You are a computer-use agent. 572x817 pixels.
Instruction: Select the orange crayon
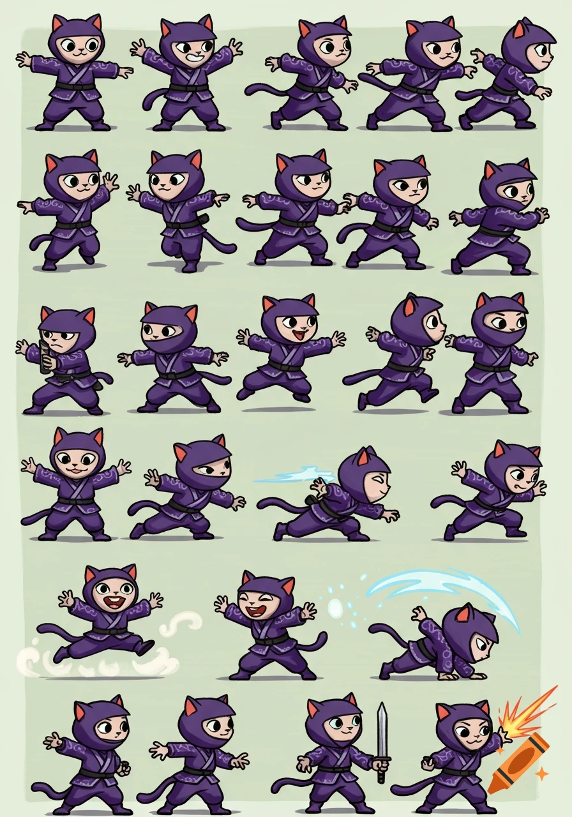[518, 763]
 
